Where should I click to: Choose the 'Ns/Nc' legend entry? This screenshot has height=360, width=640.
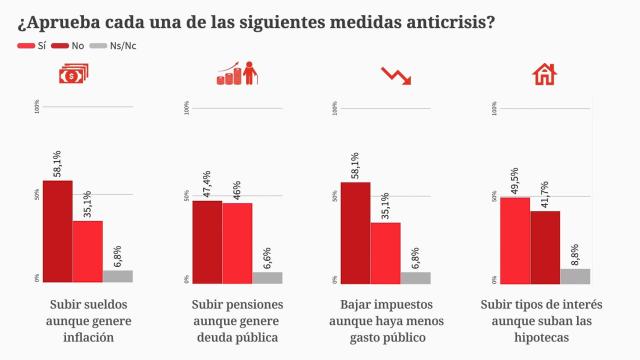point(118,46)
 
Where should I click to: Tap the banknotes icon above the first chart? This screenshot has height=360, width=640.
point(71,75)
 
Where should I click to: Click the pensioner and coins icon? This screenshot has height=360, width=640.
point(236,75)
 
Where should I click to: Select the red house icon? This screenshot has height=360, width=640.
point(544,75)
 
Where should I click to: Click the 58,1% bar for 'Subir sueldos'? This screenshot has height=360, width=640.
point(57,230)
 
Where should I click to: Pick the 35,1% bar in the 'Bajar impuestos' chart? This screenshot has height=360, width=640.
point(385,251)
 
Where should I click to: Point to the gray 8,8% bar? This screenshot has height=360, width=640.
point(575,275)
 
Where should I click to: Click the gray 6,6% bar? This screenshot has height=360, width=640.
point(267,277)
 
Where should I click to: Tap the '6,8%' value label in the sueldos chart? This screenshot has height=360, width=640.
point(118,257)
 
